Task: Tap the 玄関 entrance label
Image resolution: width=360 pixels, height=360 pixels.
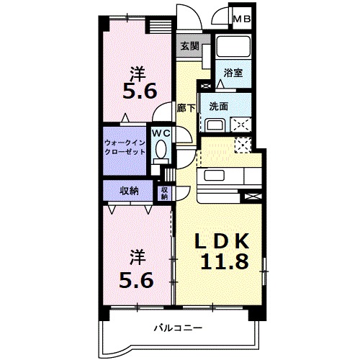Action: pyautogui.click(x=189, y=45)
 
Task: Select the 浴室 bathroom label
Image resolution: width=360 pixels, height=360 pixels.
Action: pyautogui.click(x=233, y=73)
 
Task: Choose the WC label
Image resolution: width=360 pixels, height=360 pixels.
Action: pyautogui.click(x=161, y=133)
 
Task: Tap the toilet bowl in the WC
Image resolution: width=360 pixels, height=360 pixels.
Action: pyautogui.click(x=161, y=150)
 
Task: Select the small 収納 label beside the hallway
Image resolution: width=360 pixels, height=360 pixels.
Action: pyautogui.click(x=164, y=192)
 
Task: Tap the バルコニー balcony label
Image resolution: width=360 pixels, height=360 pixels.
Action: pyautogui.click(x=177, y=328)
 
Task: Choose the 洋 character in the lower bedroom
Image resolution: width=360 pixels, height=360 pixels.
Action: pyautogui.click(x=136, y=256)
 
